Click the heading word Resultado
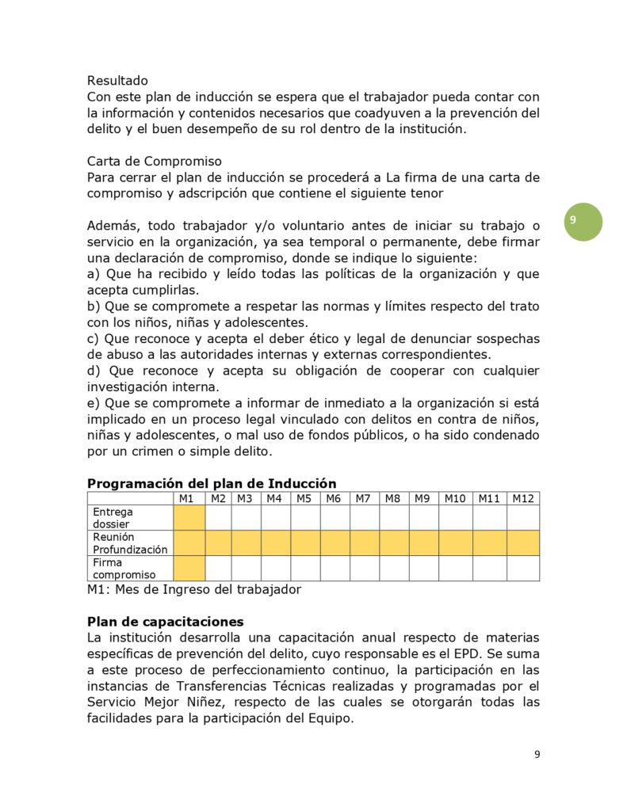117,80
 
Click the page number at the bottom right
537,754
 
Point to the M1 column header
188,498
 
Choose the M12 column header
523,498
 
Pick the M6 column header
334,498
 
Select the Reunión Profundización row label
130,543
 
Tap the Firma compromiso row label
124,569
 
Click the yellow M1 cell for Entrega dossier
189,518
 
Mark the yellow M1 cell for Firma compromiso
189,569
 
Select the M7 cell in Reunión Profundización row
364,543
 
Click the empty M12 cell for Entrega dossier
523,518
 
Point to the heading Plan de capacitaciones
165,621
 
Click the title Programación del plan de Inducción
211,484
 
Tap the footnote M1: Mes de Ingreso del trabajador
193,589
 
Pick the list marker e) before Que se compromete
94,404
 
